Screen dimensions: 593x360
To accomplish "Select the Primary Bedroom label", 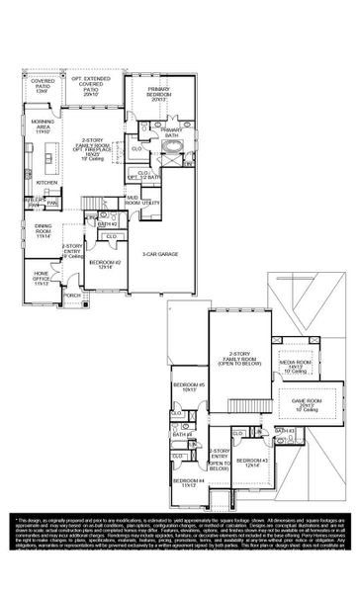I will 159,97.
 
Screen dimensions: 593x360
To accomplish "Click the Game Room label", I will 303,404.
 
